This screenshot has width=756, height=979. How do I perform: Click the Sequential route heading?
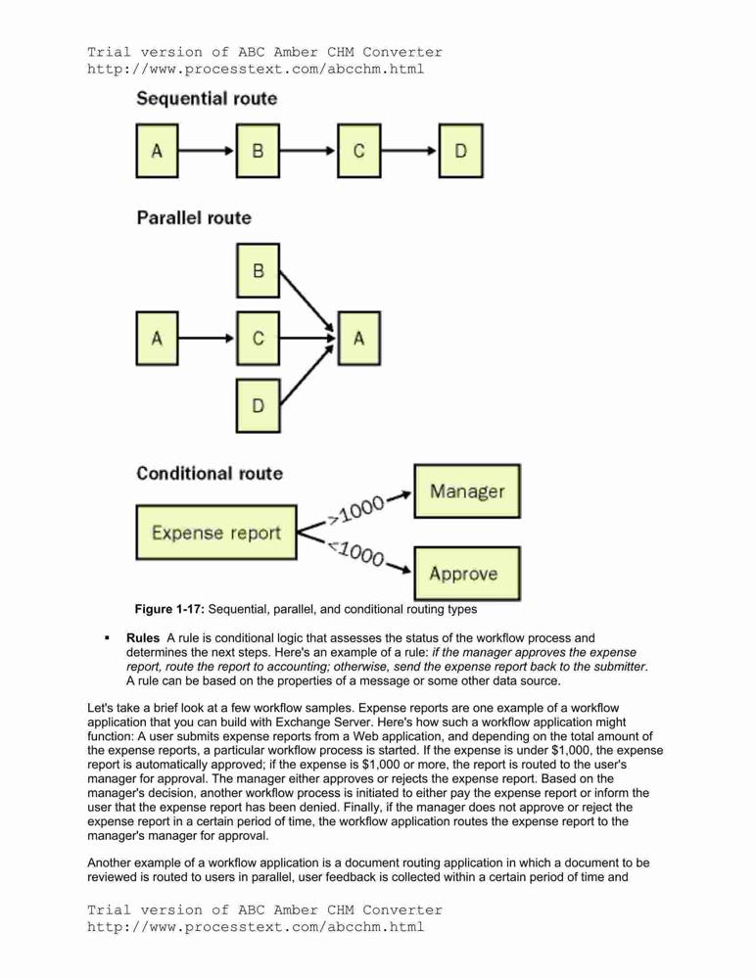(207, 99)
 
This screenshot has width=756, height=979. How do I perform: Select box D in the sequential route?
(460, 151)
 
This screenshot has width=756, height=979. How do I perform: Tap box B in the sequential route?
(259, 151)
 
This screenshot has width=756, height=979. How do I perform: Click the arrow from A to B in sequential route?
(207, 151)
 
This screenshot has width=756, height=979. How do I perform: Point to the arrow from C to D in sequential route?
(409, 151)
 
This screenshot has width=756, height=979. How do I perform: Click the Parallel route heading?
(194, 218)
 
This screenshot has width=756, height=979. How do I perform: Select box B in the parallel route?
(259, 270)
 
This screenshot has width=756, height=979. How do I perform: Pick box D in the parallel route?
(259, 406)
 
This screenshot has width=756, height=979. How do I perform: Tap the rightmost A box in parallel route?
(359, 339)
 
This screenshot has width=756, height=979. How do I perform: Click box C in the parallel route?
(259, 339)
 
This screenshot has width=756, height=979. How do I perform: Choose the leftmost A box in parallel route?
(157, 339)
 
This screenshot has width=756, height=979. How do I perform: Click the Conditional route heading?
(210, 473)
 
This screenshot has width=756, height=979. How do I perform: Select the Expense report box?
(216, 533)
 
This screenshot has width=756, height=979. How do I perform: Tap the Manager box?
(467, 491)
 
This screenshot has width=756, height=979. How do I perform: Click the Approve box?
(467, 574)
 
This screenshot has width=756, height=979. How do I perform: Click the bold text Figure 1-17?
(169, 609)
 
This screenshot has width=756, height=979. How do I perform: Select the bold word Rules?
(143, 638)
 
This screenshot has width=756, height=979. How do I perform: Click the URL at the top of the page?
(256, 70)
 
